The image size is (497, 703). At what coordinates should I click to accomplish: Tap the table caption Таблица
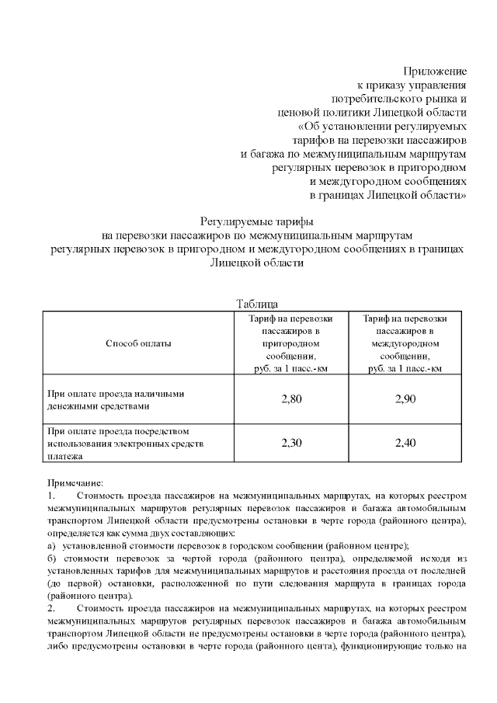click(255, 304)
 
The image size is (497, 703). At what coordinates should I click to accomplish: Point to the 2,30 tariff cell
click(290, 443)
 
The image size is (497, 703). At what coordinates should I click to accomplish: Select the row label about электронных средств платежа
click(124, 444)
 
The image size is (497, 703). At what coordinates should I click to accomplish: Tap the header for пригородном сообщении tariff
click(290, 343)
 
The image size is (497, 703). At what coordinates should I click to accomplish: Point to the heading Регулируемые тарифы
click(255, 221)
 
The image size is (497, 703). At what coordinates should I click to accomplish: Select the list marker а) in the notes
click(52, 546)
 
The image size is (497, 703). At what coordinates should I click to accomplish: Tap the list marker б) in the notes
click(52, 559)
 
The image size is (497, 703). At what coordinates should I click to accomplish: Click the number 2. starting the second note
click(51, 609)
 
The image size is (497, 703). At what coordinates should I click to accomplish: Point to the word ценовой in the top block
click(301, 113)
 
